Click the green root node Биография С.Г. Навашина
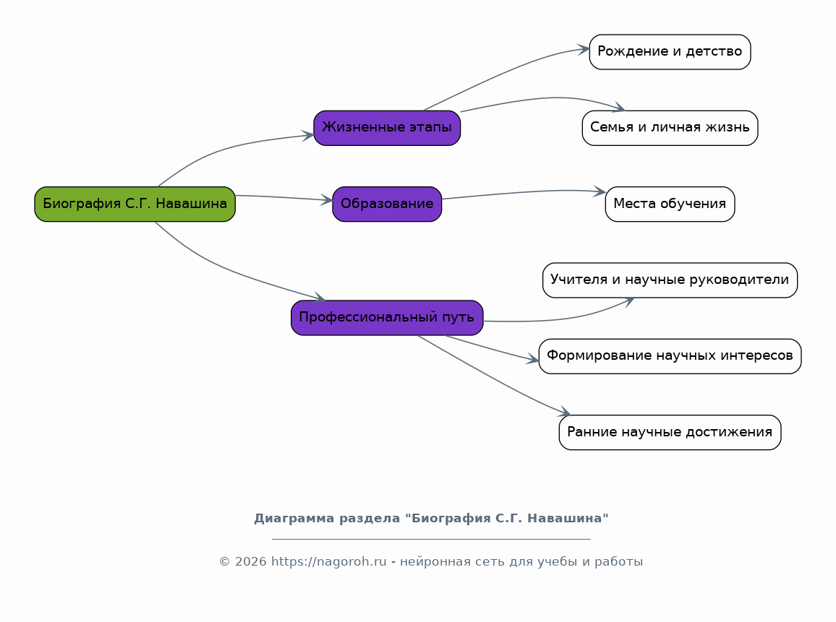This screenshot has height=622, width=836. tap(135, 204)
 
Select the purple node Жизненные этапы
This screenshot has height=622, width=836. tap(387, 128)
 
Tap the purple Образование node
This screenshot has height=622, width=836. tap(387, 204)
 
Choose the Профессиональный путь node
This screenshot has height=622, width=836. tap(387, 318)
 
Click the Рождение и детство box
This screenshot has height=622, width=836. tap(670, 52)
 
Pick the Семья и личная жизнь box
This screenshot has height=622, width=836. tap(670, 128)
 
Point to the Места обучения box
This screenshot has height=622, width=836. tap(670, 204)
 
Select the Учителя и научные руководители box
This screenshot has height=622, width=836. tap(670, 280)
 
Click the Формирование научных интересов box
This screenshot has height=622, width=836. tap(670, 356)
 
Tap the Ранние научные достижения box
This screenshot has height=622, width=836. tap(670, 433)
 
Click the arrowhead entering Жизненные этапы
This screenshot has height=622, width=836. tap(308, 135)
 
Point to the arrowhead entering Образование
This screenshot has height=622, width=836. tap(326, 200)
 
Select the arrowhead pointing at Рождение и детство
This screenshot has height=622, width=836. tap(584, 50)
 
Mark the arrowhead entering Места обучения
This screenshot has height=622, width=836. tap(600, 191)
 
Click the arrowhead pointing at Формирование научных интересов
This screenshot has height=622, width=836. tap(533, 360)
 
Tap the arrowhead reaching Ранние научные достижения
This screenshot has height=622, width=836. tap(565, 412)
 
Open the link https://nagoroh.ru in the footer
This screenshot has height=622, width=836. tap(328, 562)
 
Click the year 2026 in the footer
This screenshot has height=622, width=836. tap(251, 562)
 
